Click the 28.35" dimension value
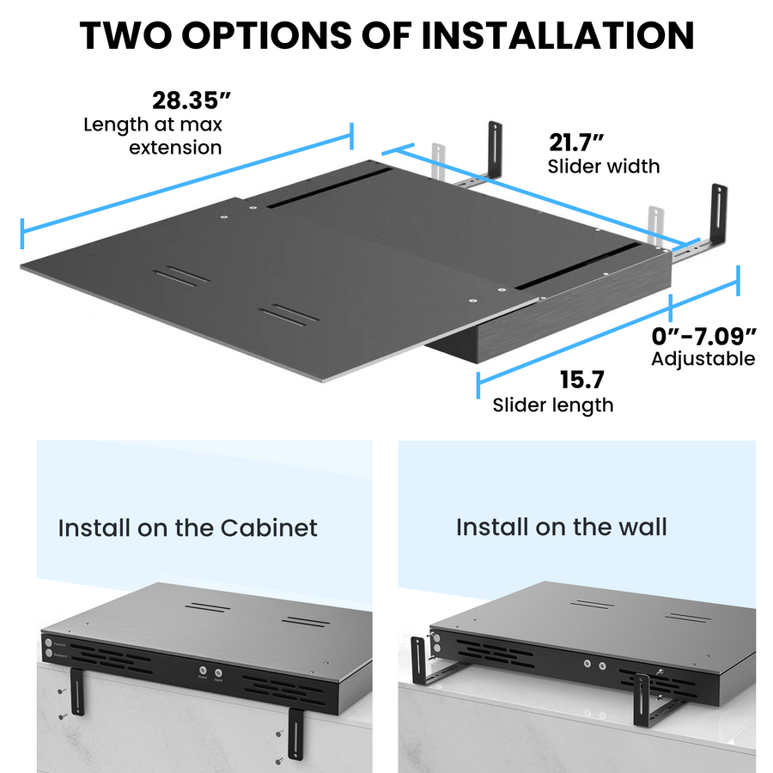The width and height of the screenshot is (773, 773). (x=187, y=100)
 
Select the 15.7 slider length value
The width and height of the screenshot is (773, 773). (x=582, y=379)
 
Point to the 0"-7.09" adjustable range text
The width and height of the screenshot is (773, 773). (x=703, y=334)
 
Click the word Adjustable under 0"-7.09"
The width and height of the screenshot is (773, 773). (x=703, y=358)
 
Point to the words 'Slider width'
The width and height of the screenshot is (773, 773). (x=604, y=165)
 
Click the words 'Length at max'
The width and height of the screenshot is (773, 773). (x=152, y=125)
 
